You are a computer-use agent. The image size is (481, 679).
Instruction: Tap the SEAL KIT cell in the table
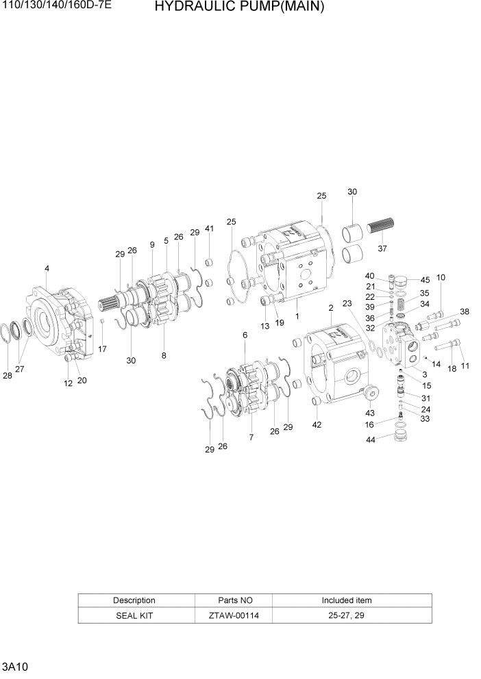point(134,615)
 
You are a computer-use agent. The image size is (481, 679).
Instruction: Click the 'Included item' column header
point(347,600)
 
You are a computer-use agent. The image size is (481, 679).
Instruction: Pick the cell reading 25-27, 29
point(347,615)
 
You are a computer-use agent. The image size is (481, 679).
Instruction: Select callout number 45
point(425,279)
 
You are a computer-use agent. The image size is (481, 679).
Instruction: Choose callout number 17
point(102,349)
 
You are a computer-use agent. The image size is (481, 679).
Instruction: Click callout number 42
point(316,425)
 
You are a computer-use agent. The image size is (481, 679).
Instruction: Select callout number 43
point(371,413)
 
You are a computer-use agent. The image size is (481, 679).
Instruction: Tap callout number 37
point(382,248)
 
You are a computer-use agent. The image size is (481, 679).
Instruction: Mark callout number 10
point(441,277)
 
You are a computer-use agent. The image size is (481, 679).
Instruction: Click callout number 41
point(209,228)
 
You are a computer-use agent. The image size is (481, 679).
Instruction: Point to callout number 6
point(245,335)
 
